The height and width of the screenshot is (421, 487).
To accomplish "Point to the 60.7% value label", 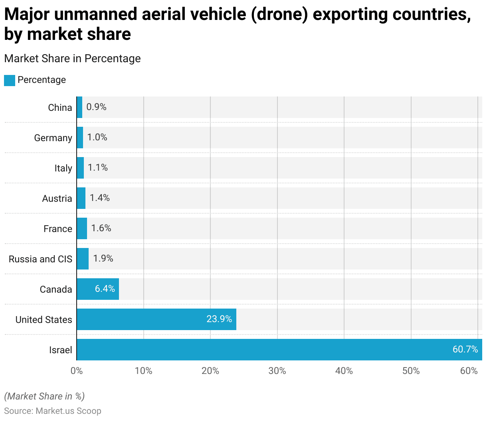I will (465, 350).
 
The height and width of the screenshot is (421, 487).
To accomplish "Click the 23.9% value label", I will (219, 319).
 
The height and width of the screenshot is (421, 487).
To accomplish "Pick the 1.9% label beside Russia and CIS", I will (103, 259).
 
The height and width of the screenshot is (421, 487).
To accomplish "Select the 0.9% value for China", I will (96, 107).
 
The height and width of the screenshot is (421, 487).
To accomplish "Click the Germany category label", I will (53, 138).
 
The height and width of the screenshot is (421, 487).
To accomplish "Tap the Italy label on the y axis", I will (63, 168).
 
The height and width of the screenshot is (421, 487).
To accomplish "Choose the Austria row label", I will (57, 199).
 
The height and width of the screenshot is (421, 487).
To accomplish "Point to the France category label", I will (58, 229).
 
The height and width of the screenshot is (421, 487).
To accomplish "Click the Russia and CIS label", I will (40, 259).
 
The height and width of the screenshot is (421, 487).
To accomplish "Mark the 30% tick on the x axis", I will (277, 371).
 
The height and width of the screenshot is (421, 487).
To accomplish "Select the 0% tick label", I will (77, 371).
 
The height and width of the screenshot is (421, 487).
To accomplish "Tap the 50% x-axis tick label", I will (411, 371).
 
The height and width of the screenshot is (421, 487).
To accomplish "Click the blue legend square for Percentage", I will (10, 80).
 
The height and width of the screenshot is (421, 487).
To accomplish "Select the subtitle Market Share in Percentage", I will (72, 59).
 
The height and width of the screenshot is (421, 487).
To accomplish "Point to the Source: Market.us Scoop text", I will (53, 411).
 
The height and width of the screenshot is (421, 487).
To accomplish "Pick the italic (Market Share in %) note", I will (44, 396).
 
